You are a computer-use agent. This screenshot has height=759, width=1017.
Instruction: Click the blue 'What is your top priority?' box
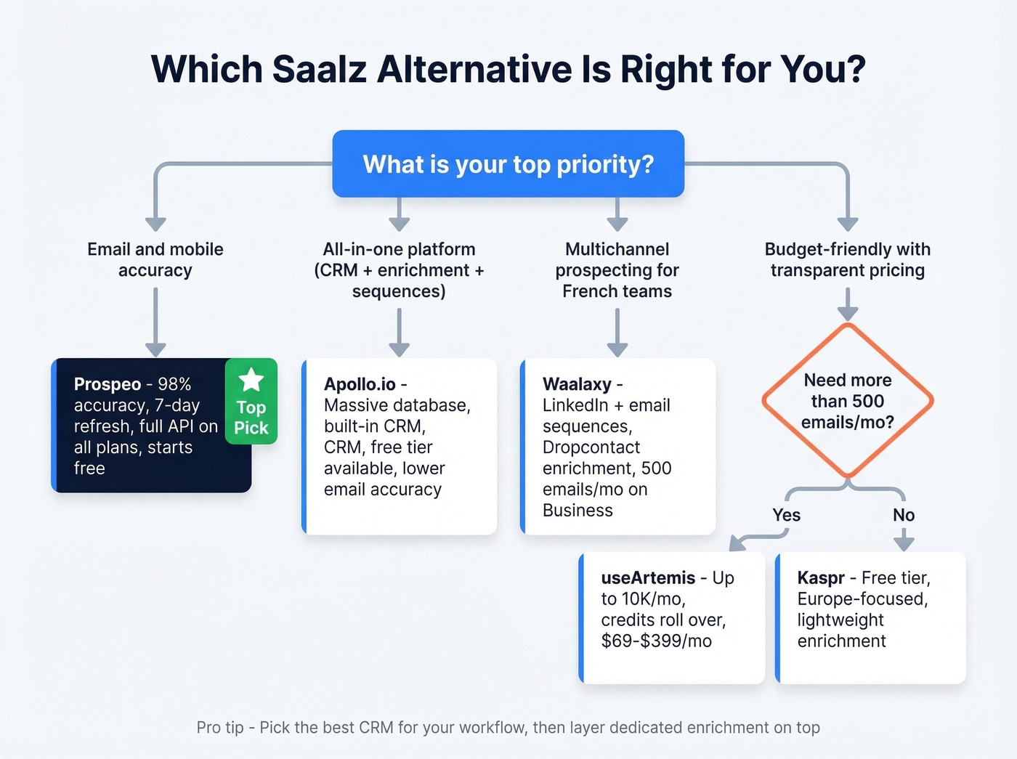pyautogui.click(x=508, y=164)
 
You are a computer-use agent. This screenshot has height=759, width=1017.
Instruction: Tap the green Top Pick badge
pyautogui.click(x=251, y=402)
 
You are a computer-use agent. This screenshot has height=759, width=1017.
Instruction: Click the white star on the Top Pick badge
pyautogui.click(x=251, y=379)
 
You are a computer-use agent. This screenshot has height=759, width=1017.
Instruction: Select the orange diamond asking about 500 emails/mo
pyautogui.click(x=847, y=401)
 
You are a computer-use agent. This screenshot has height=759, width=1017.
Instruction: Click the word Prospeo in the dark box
pyautogui.click(x=108, y=384)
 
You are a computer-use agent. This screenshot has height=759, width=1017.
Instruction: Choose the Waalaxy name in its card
pyautogui.click(x=577, y=384)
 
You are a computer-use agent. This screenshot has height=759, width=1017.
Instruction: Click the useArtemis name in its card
pyautogui.click(x=648, y=578)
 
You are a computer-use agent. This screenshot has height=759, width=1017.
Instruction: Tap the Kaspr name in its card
pyautogui.click(x=821, y=578)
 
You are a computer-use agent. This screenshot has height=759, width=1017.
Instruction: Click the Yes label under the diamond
pyautogui.click(x=786, y=515)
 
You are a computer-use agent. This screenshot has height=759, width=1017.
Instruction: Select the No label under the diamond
pyautogui.click(x=904, y=515)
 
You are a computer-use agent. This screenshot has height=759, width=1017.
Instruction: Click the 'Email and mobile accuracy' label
pyautogui.click(x=155, y=259)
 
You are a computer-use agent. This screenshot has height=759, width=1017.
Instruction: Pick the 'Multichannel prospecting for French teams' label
pyautogui.click(x=617, y=270)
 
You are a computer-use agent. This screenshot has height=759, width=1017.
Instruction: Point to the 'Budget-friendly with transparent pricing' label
pyautogui.click(x=847, y=259)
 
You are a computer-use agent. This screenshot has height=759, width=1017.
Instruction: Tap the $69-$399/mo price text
pyautogui.click(x=656, y=641)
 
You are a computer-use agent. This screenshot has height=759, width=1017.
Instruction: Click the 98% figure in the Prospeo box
pyautogui.click(x=174, y=384)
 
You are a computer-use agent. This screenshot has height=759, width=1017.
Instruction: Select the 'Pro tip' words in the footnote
pyautogui.click(x=219, y=728)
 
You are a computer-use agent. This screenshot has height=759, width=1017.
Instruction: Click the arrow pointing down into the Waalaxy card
pyautogui.click(x=617, y=334)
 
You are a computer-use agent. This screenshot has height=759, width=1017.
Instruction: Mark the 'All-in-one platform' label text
pyautogui.click(x=399, y=249)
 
